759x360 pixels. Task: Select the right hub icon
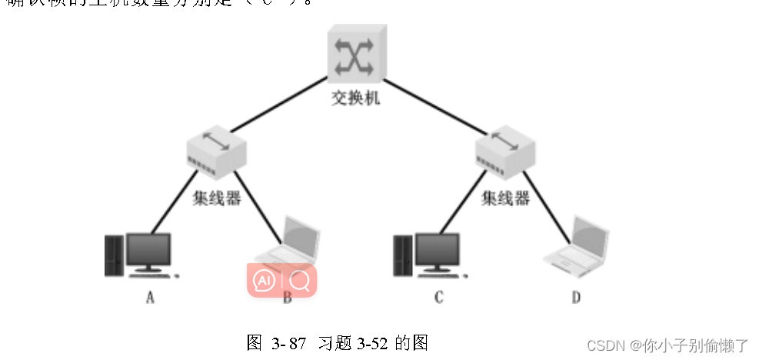(x=504, y=151)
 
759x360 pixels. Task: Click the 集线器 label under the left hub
(x=216, y=198)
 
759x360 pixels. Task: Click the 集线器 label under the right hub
(x=505, y=198)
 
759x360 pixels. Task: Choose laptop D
(x=577, y=246)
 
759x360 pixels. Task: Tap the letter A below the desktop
(x=150, y=298)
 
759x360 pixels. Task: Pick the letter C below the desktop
(x=438, y=298)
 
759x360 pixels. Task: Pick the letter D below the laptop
(x=576, y=298)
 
